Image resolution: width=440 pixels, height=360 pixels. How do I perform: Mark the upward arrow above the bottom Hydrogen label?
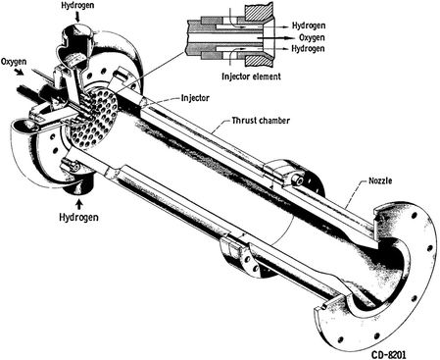[71, 190]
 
